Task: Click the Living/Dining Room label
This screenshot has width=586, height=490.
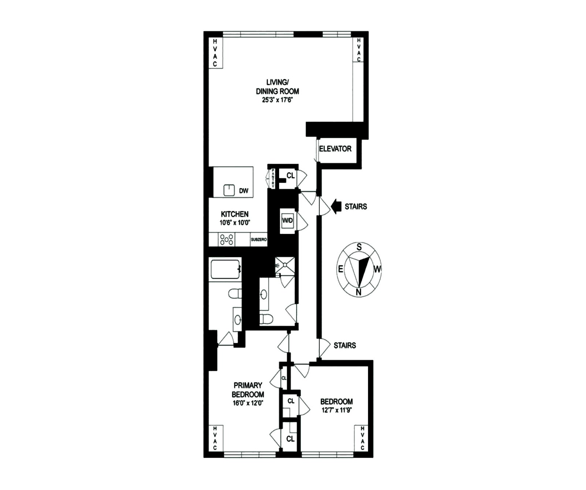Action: click(277, 87)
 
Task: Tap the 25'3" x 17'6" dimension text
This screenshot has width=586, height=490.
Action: click(277, 100)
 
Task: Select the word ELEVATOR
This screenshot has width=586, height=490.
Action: click(335, 149)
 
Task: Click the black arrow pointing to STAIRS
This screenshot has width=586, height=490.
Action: click(336, 207)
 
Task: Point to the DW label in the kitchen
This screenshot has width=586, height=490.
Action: click(244, 191)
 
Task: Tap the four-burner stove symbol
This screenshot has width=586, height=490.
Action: click(226, 240)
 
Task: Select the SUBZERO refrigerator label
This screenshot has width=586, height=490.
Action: click(259, 240)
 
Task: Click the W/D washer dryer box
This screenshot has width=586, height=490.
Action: click(288, 221)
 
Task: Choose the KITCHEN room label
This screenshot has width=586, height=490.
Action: click(235, 214)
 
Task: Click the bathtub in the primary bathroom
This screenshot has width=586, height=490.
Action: click(225, 269)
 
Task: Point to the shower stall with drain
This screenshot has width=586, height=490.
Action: click(285, 266)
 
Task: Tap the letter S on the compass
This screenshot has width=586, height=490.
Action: click(359, 247)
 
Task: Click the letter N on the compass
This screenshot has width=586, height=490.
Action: click(359, 292)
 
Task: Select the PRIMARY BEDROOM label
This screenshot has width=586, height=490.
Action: click(248, 390)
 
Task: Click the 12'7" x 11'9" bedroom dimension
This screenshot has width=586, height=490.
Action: click(337, 411)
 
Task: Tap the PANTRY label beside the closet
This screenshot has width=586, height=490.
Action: click(273, 178)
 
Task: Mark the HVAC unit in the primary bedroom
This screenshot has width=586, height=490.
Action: click(215, 438)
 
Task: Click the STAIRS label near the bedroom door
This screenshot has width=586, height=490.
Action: click(345, 345)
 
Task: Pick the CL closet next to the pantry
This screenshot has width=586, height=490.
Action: click(290, 176)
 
